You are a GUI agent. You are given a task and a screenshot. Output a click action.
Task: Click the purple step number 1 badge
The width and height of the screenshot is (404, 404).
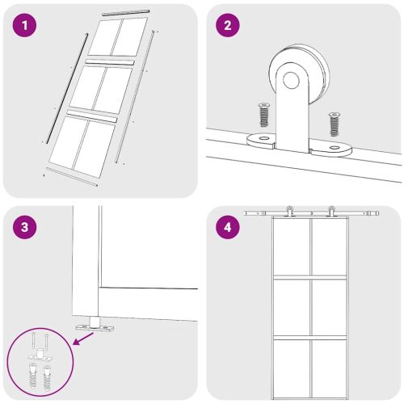[x=24, y=26]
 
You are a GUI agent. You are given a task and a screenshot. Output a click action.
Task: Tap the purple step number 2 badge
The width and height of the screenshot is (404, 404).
[x=228, y=26]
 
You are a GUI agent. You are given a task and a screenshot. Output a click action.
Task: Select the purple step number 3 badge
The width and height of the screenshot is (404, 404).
[x=24, y=227]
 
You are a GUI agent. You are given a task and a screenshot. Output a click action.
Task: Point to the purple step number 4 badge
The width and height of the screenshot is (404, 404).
[x=228, y=227]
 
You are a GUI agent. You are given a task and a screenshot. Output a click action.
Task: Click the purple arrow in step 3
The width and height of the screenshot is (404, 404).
[x=83, y=339]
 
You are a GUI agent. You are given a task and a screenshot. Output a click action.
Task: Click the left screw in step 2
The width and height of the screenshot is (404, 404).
[x=264, y=115]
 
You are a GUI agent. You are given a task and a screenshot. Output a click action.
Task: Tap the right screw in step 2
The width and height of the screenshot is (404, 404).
[x=335, y=124]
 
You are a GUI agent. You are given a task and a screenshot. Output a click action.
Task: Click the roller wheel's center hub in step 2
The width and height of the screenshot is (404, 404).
[x=291, y=80]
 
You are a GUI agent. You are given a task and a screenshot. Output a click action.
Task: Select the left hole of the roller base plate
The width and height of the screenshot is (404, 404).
[x=264, y=139]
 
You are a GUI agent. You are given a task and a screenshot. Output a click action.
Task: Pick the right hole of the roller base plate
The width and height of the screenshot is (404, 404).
[x=335, y=148]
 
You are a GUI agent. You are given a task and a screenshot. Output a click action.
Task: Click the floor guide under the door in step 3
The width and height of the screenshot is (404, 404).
[x=95, y=325]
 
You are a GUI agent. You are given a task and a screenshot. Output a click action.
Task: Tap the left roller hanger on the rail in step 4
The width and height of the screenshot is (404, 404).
[x=290, y=211]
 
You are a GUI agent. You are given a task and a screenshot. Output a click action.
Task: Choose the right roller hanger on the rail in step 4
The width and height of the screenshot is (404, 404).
[x=331, y=211]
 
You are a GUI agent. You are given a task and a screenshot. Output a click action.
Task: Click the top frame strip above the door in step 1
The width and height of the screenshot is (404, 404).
[x=126, y=12]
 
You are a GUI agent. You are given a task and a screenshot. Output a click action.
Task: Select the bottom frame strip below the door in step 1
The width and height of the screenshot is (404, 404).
[x=72, y=177]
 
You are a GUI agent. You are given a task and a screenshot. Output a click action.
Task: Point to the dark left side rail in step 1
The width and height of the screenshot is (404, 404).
[x=67, y=88]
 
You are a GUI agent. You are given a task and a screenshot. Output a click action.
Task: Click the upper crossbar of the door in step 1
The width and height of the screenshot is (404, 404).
[x=110, y=62]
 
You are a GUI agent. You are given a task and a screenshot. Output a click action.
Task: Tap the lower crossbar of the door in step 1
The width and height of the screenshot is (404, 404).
[x=92, y=116]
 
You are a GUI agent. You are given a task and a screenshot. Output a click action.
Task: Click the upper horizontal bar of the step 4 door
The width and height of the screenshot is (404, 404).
[x=310, y=277]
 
